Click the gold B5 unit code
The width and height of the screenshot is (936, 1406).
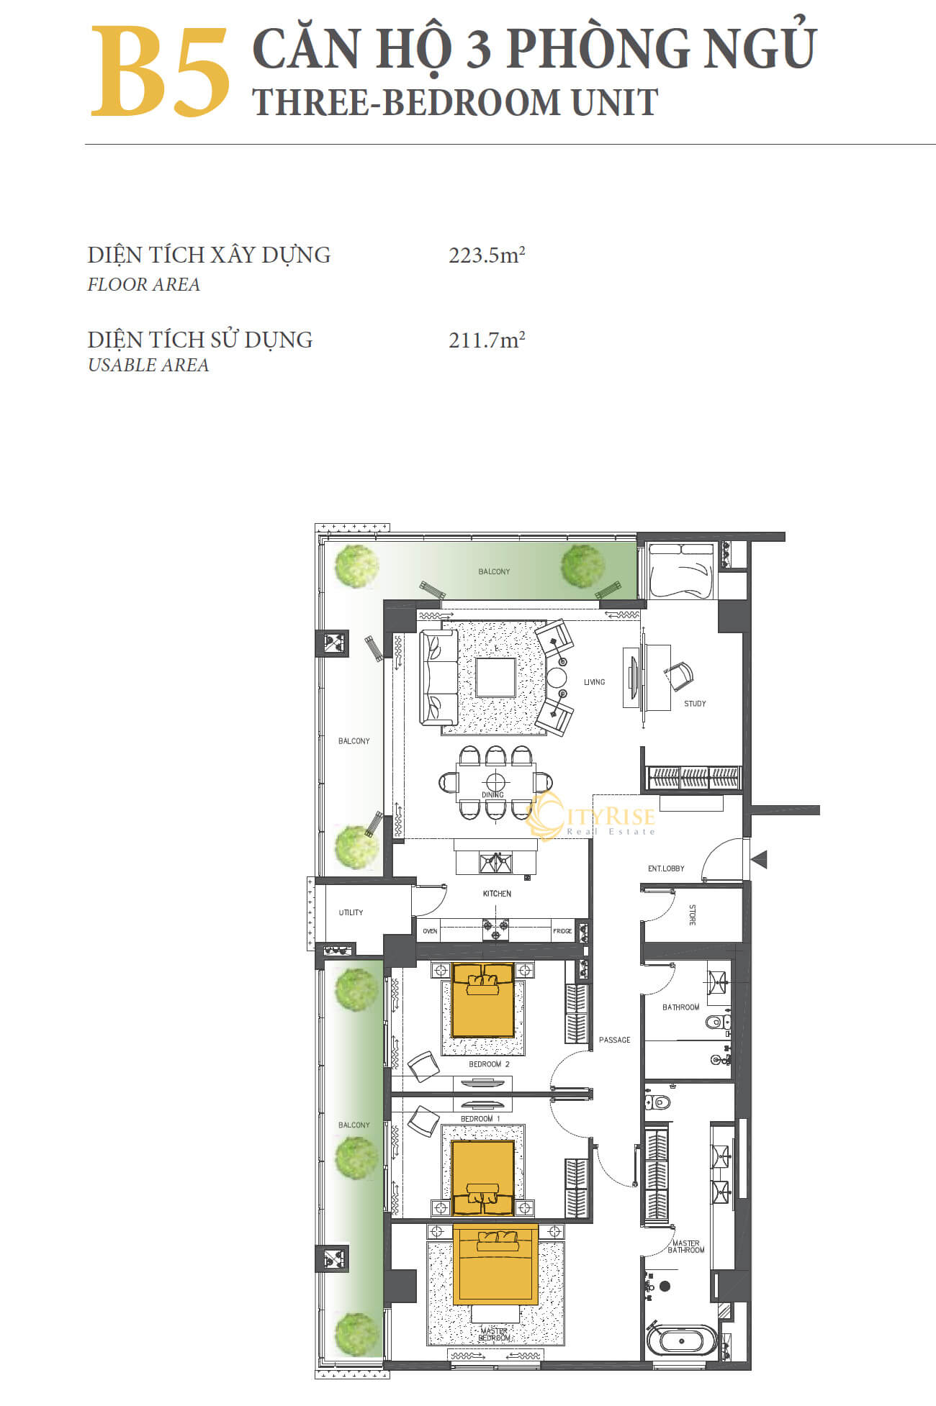pos(160,72)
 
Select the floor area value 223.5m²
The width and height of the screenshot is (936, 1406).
pos(487,255)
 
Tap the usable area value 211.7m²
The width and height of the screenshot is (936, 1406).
pos(487,340)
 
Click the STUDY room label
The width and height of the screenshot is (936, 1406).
pos(695,704)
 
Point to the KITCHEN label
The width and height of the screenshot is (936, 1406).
pos(497,894)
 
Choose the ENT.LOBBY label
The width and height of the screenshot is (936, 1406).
pos(666,868)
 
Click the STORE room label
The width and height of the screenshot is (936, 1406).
pos(692,915)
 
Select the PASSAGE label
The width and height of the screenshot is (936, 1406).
pos(614,1040)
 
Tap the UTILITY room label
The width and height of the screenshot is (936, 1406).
pos(351,912)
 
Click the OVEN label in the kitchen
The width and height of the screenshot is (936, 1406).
pos(430,931)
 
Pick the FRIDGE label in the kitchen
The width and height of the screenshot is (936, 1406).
pos(562,931)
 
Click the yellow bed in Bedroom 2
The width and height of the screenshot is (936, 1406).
pos(483,999)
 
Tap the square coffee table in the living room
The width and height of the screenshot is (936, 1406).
pos(495,676)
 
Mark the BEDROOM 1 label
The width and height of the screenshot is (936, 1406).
pos(481,1119)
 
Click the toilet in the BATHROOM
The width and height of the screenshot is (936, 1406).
pos(717,1022)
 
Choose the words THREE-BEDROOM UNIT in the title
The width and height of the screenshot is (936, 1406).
pos(455,102)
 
